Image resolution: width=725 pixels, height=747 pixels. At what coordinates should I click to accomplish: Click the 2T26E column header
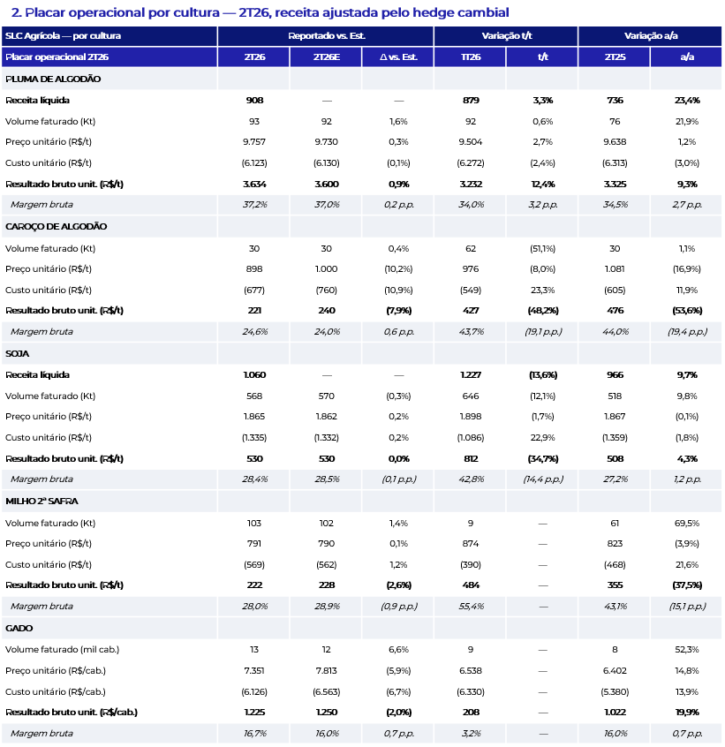coord(327,57)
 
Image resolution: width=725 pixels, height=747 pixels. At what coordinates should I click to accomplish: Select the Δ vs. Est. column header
coord(398,57)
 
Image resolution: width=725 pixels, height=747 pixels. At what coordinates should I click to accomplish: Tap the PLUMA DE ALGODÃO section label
coord(53,79)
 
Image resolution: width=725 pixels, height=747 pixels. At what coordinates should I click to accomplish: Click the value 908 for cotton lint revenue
coord(254,101)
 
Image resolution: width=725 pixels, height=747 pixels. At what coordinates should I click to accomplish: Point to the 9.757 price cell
coord(254,142)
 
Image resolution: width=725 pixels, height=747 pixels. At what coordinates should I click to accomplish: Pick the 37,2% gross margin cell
coord(255,205)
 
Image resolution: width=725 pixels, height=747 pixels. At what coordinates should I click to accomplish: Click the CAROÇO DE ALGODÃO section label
coord(57,227)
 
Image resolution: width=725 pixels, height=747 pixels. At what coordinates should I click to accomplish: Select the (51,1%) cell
coord(542,249)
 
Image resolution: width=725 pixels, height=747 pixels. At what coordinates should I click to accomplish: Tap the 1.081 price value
coord(615,269)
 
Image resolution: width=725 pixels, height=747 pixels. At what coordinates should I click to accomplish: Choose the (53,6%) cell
coord(687,311)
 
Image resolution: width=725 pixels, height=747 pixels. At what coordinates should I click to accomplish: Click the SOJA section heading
coord(17,354)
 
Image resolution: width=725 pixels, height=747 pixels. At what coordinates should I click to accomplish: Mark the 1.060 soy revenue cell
coord(254,375)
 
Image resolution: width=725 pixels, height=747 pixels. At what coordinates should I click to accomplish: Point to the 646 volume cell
coord(471,396)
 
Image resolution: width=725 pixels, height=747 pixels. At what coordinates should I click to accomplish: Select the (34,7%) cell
coord(543,459)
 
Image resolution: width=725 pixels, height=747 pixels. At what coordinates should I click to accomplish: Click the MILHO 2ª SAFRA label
coord(42,502)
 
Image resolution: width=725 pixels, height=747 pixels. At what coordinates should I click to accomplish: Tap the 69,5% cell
coord(687,524)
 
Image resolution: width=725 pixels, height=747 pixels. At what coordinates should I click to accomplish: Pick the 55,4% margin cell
coord(471,607)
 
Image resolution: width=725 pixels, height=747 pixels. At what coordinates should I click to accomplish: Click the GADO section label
coord(19,629)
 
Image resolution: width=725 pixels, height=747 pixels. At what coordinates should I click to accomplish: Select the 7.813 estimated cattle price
coord(327,671)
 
